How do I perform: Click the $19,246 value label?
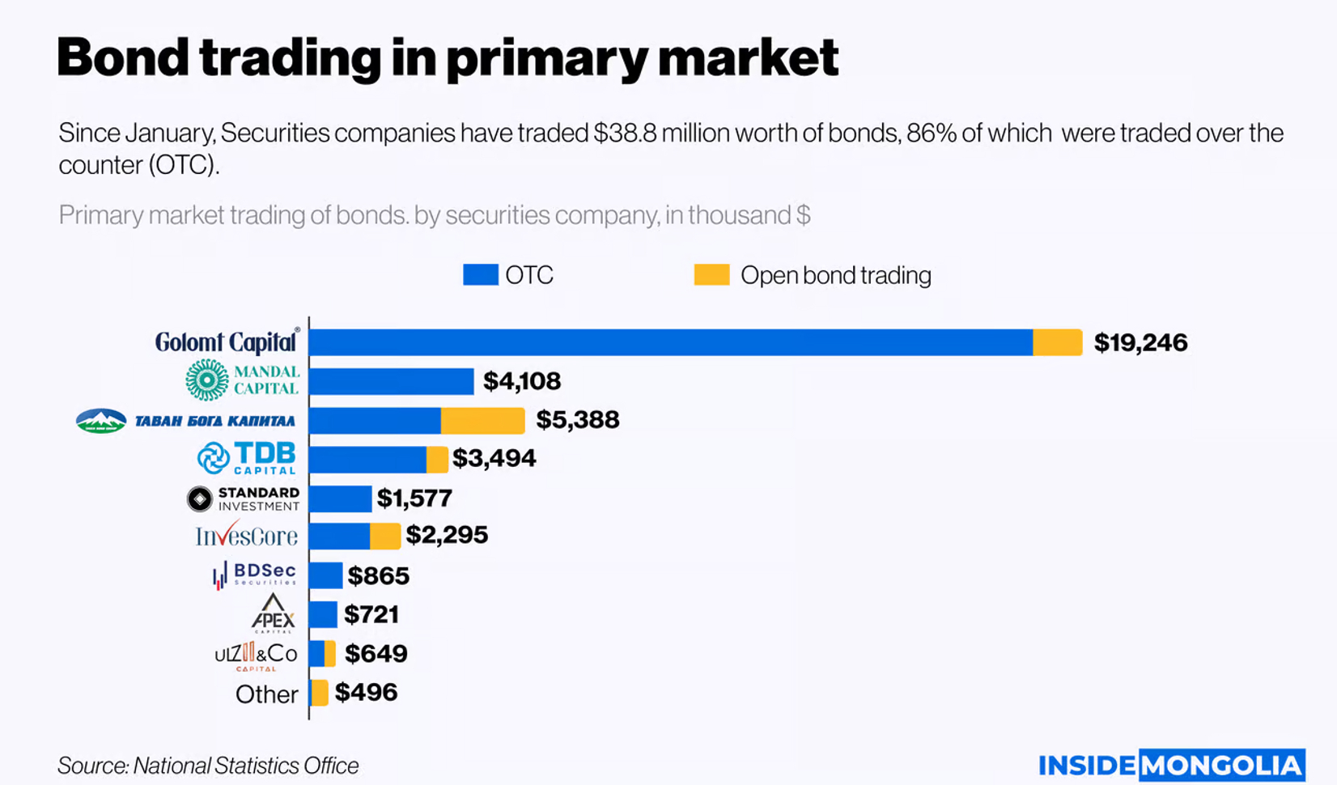(x=1140, y=342)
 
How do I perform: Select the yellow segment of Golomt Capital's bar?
(x=1057, y=342)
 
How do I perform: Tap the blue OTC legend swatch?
(x=480, y=275)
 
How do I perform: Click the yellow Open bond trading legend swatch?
(x=711, y=275)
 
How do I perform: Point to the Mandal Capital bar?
(x=391, y=381)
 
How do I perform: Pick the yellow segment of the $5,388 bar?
(x=482, y=420)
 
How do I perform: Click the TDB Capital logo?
(x=247, y=458)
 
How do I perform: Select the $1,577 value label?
(x=414, y=498)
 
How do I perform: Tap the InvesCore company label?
(x=246, y=536)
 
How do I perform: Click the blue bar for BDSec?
(x=325, y=575)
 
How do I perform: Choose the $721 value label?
(x=371, y=614)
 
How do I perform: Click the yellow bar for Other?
(x=320, y=693)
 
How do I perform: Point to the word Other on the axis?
(x=266, y=694)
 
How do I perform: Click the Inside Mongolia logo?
(x=1171, y=765)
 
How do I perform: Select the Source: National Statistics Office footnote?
(x=208, y=766)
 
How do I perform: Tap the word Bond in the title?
(x=122, y=57)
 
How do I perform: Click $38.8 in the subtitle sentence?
(x=625, y=133)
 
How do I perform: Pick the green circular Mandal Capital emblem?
(x=207, y=380)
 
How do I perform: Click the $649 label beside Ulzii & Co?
(x=376, y=653)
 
